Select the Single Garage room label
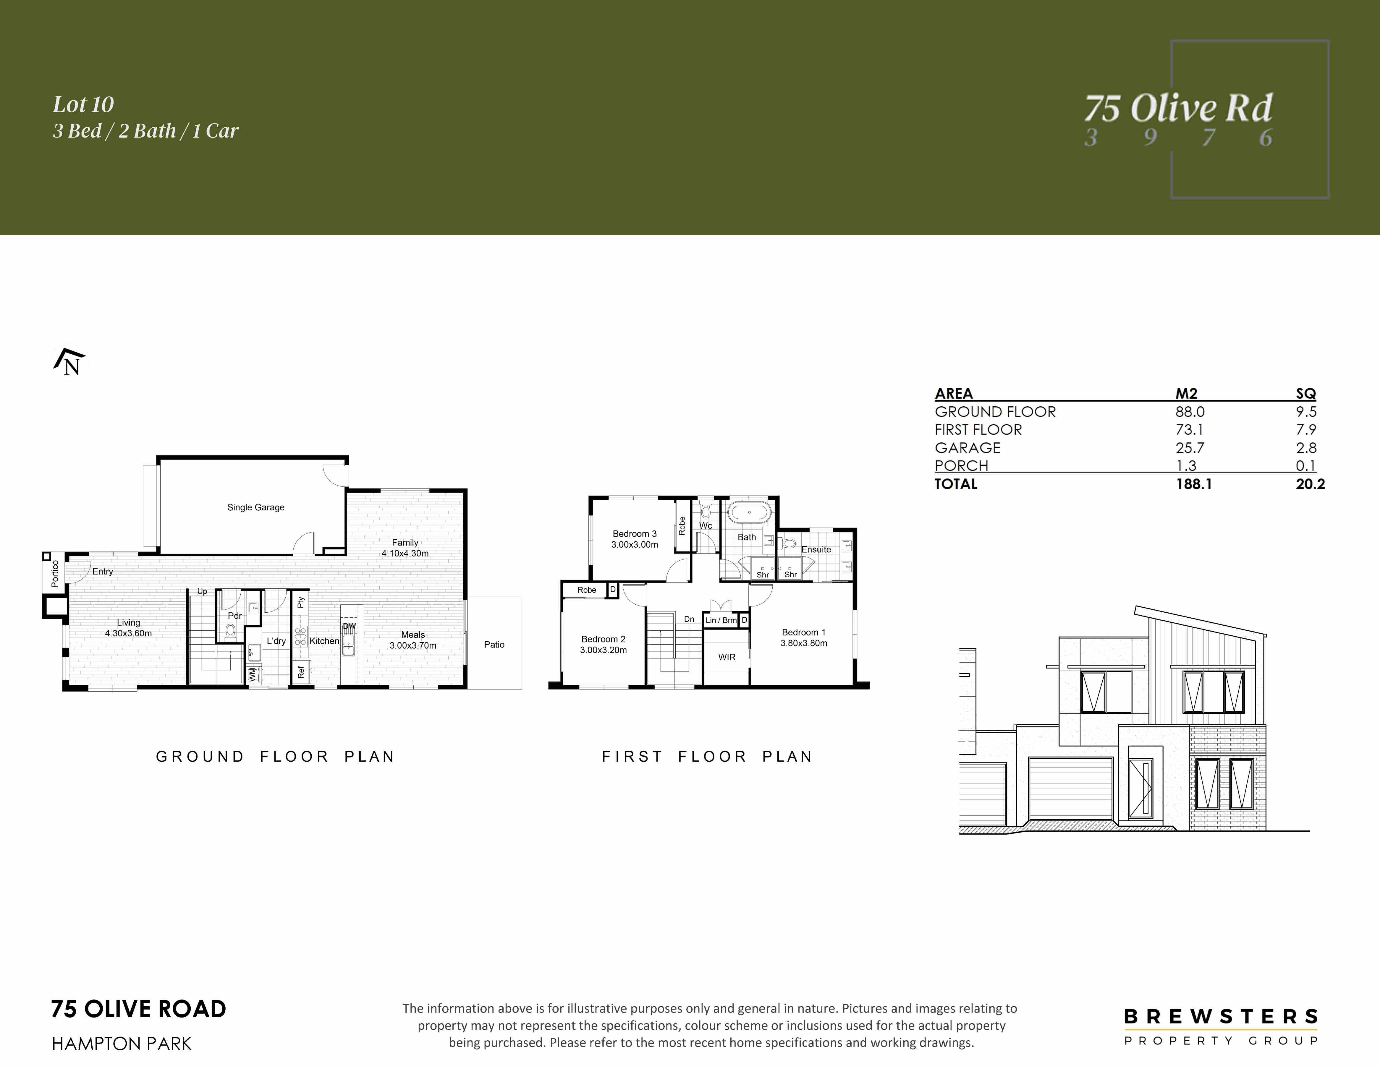(x=256, y=507)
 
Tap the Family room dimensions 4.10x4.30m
(x=405, y=553)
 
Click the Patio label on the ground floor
(x=494, y=644)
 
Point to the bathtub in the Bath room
(x=749, y=512)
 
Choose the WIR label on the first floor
(x=727, y=657)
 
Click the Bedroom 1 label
(x=804, y=632)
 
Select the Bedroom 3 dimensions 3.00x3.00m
(x=634, y=544)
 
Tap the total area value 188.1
(x=1194, y=484)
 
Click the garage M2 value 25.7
(x=1190, y=448)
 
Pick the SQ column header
(x=1305, y=393)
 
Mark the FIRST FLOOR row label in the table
(x=978, y=429)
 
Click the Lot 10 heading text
(x=83, y=104)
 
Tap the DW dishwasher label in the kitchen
(x=350, y=627)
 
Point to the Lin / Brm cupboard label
(x=721, y=620)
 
